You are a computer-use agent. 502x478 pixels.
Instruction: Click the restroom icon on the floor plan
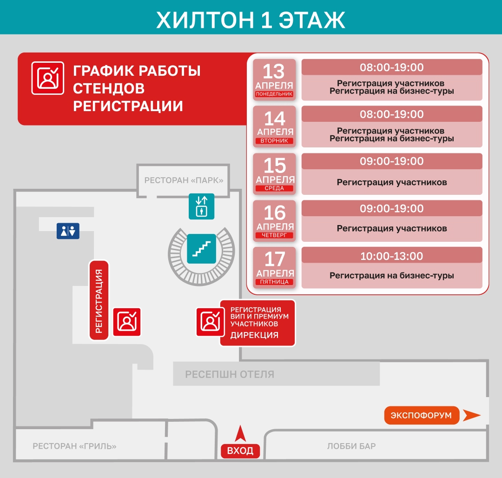(68, 231)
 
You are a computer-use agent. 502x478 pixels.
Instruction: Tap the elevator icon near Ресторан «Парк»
(201, 206)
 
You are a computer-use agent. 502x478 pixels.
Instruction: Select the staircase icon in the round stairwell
(201, 248)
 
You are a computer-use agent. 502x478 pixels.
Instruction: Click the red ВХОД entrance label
(240, 451)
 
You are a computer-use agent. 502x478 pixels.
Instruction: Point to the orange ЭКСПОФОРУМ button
(421, 415)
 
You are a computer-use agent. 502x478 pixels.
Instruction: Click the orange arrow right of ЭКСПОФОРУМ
(472, 415)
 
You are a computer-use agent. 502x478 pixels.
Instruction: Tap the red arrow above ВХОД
(240, 434)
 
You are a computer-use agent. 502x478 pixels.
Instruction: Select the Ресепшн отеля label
(230, 374)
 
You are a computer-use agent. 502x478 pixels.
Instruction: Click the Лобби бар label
(351, 446)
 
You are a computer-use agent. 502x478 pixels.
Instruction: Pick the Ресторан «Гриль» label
(74, 446)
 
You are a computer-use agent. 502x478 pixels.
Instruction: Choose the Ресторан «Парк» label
(184, 180)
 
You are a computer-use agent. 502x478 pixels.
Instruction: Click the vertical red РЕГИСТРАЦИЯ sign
(99, 300)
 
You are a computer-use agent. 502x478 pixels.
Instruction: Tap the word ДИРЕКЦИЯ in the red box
(254, 335)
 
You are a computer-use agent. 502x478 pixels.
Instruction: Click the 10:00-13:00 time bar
(391, 256)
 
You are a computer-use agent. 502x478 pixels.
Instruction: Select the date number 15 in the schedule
(274, 166)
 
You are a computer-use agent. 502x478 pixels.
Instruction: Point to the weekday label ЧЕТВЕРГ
(274, 236)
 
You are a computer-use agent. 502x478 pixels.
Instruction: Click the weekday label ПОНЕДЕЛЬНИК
(274, 94)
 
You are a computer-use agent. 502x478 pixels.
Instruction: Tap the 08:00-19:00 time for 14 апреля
(391, 114)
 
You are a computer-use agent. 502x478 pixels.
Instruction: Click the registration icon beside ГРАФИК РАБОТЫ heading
(47, 78)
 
